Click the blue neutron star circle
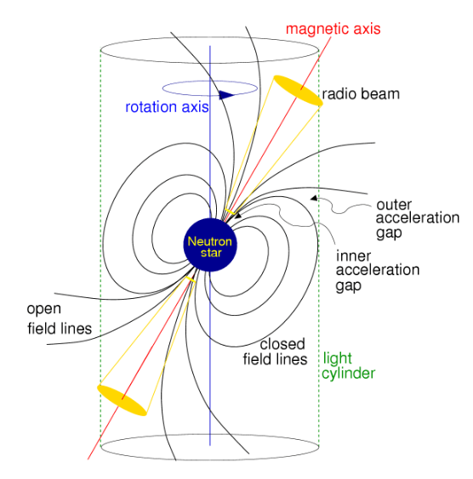(x=210, y=246)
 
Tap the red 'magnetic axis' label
(x=332, y=28)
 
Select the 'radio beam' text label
(x=361, y=93)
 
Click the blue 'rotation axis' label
(x=164, y=107)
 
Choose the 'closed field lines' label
(x=282, y=352)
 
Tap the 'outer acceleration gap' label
(x=407, y=217)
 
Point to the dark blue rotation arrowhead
(x=226, y=95)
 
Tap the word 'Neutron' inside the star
(x=210, y=240)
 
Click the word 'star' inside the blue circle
(x=210, y=253)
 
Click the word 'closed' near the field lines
(x=281, y=345)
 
